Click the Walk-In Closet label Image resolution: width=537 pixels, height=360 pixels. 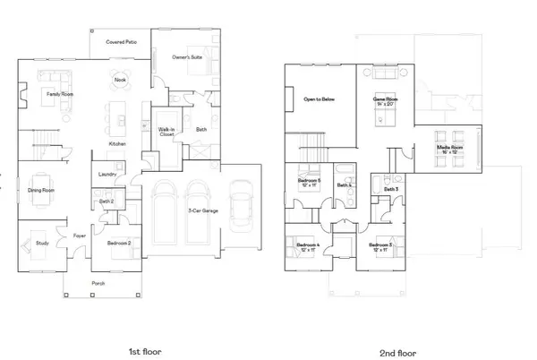(166, 132)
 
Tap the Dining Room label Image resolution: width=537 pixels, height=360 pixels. (43, 190)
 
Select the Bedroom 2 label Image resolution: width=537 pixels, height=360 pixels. (117, 243)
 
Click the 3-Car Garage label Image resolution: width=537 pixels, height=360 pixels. (199, 211)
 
